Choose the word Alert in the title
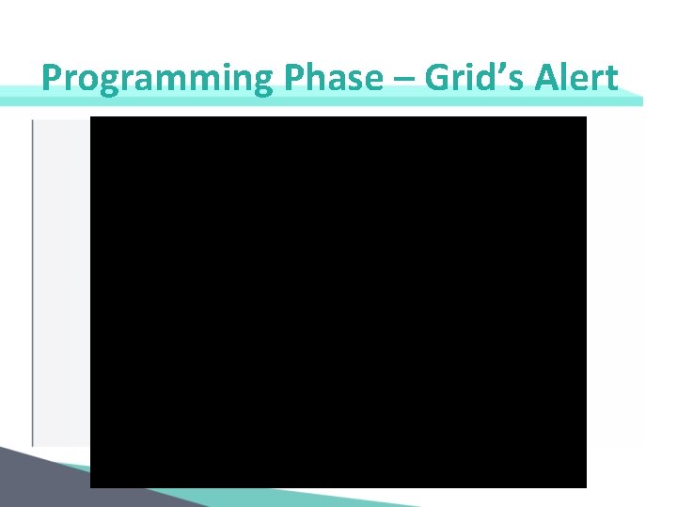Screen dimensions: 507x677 click(576, 78)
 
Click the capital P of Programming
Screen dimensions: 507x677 click(53, 78)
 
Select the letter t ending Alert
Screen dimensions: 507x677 click(612, 79)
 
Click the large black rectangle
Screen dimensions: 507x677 click(338, 300)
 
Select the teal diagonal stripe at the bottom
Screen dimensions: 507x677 click(282, 484)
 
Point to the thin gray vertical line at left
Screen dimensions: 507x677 click(33, 282)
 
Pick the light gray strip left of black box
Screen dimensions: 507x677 click(62, 282)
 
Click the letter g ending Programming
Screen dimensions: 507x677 click(260, 82)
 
